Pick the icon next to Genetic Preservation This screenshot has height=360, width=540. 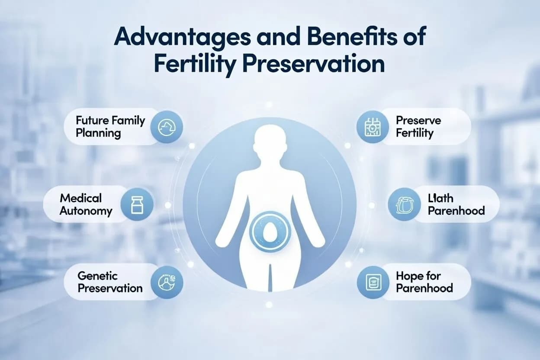point(167,282)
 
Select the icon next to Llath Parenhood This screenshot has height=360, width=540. point(404,204)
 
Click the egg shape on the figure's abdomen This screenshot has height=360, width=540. point(269,234)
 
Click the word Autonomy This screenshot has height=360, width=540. point(86,211)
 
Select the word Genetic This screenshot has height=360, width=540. point(97,276)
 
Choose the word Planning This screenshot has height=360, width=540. point(98,133)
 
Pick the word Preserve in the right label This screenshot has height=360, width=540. point(418,121)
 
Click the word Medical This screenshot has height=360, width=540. point(81,198)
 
